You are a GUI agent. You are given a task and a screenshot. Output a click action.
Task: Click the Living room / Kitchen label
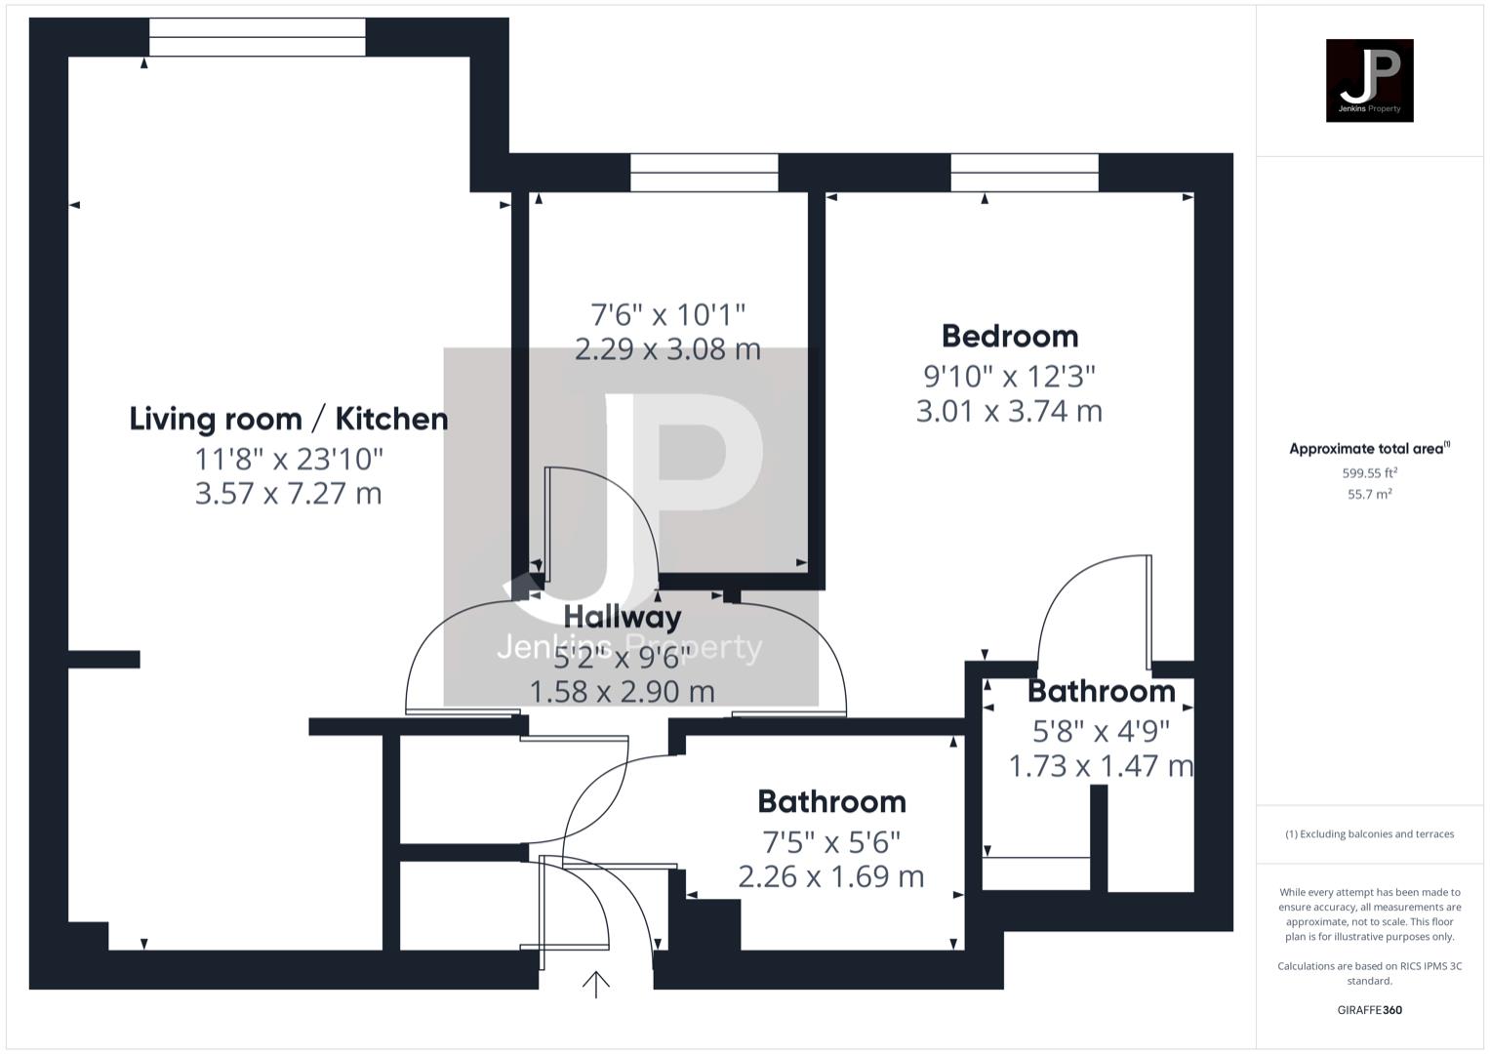289,420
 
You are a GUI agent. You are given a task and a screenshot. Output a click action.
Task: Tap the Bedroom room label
1010,337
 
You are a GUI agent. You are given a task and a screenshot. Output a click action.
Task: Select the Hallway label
623,617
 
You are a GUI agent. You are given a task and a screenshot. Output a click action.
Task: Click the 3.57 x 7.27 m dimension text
289,494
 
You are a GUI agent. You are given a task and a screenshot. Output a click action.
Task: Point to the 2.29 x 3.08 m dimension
667,349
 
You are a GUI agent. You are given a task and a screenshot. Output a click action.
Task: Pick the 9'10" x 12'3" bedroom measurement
1010,376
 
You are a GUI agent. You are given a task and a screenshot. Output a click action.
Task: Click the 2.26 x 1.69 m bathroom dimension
831,876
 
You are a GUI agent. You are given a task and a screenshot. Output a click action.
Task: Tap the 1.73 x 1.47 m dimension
1101,766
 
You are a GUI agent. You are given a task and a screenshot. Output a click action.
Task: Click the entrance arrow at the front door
596,984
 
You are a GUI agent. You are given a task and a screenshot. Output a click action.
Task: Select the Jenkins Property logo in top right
1369,81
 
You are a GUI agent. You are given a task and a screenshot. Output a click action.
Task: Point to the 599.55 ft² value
1369,473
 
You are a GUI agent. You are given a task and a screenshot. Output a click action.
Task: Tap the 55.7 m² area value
1369,495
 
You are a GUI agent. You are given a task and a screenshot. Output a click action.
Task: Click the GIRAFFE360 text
1369,1010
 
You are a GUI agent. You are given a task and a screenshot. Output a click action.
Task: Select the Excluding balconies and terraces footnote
1369,834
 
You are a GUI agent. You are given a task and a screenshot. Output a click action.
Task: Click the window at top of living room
258,37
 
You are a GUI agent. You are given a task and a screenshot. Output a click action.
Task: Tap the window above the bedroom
1025,173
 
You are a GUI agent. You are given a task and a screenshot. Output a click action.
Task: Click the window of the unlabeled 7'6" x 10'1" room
704,173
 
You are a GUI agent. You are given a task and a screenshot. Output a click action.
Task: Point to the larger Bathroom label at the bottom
831,802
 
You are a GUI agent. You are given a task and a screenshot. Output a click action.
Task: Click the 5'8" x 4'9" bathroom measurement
1101,730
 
